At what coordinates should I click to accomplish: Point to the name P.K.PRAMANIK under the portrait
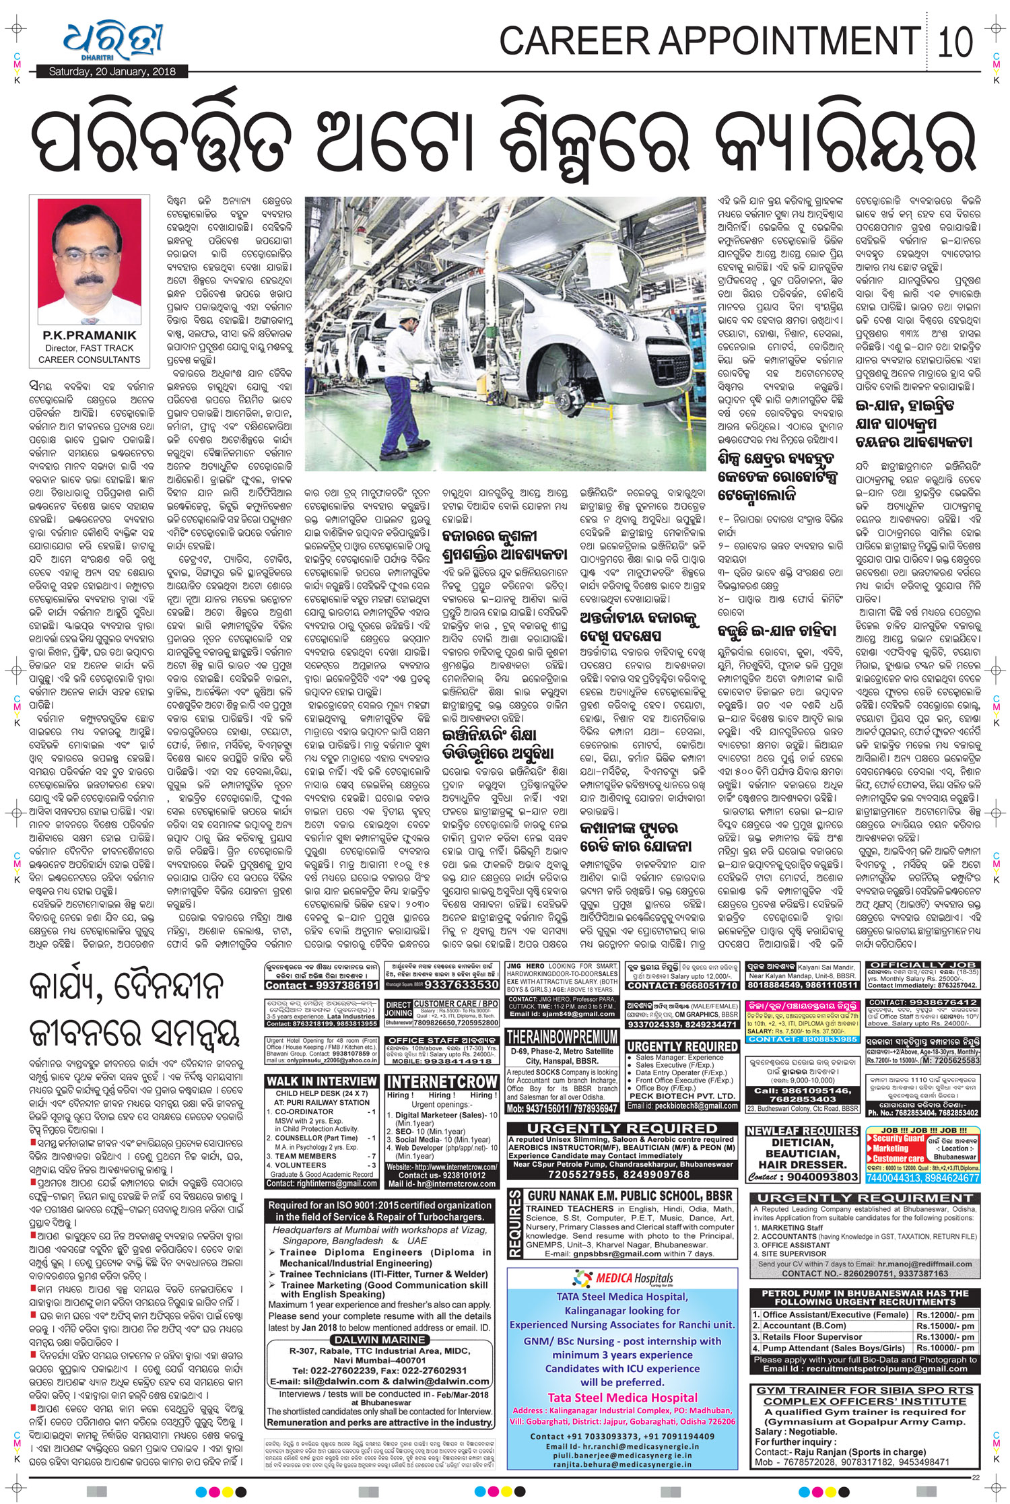[x=89, y=335]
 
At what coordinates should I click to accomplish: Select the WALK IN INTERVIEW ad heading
[x=321, y=1082]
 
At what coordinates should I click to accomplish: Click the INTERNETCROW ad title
[x=442, y=1082]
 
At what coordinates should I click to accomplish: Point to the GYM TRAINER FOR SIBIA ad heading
[x=865, y=1390]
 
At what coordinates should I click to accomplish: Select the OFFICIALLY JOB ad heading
[x=921, y=965]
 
